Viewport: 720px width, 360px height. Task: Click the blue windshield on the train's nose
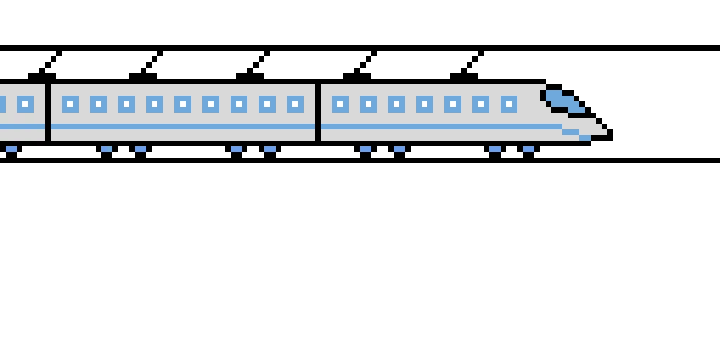(x=562, y=100)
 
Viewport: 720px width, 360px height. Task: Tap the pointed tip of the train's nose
(x=603, y=131)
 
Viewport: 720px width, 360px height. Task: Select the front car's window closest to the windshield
(x=509, y=104)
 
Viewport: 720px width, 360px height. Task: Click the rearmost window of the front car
(x=340, y=104)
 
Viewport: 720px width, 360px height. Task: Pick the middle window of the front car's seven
(x=425, y=104)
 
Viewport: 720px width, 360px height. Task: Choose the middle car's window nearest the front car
(x=295, y=104)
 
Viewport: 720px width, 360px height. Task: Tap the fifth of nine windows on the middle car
(x=183, y=104)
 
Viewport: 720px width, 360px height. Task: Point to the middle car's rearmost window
(x=70, y=104)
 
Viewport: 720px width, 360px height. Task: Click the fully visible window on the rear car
(x=25, y=104)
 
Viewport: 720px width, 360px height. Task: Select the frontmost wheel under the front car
(x=529, y=149)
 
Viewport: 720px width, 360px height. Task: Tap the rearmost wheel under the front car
(x=366, y=149)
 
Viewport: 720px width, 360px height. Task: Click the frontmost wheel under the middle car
(x=270, y=149)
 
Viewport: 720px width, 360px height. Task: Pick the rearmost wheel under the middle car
(x=107, y=149)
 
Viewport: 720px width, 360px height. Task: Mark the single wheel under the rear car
(x=11, y=149)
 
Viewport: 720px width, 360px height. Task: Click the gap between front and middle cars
(x=318, y=112)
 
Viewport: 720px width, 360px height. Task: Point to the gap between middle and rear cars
(x=48, y=112)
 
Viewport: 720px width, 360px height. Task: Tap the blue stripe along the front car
(x=436, y=127)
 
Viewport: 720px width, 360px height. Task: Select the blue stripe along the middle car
(x=183, y=127)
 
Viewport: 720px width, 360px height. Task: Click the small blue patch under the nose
(x=585, y=138)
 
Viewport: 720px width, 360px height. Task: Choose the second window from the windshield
(x=481, y=104)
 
